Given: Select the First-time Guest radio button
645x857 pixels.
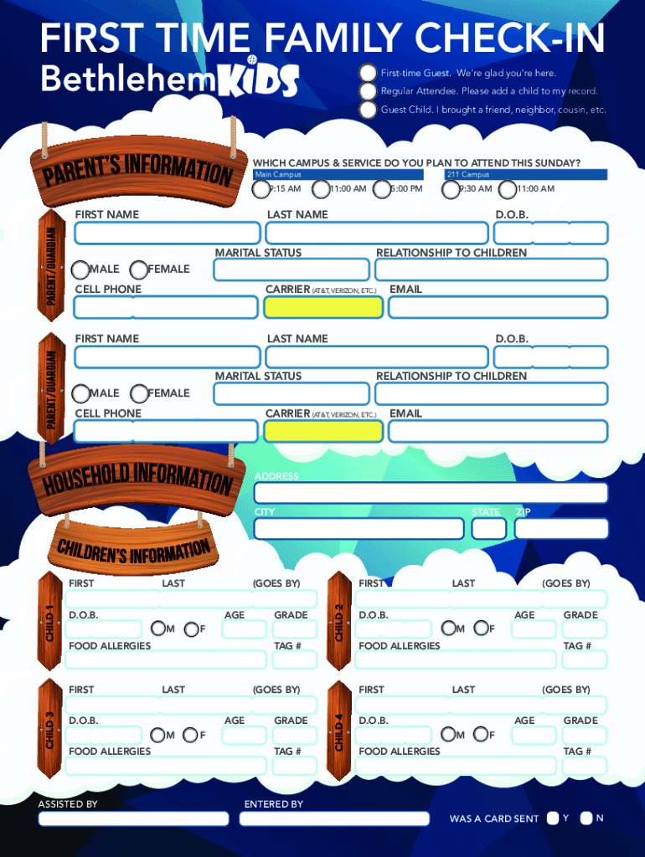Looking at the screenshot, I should click(368, 73).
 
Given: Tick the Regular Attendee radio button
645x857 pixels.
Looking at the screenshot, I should click(368, 91).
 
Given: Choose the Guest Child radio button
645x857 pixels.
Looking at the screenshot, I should click(368, 110).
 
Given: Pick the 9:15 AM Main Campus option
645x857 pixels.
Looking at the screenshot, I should click(261, 189).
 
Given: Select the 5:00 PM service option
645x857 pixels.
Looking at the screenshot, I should click(382, 189).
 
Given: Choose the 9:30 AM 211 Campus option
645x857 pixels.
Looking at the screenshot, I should click(451, 189).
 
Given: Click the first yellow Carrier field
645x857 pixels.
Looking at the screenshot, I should click(323, 307).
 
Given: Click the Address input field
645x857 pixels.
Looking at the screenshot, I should click(431, 493).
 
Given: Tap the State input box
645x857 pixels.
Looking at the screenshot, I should click(488, 528).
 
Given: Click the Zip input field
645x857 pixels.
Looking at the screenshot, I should click(561, 528).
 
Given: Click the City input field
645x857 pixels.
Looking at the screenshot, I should click(359, 528).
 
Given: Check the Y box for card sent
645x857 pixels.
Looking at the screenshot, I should click(553, 818).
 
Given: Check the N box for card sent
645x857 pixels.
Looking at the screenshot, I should click(586, 818).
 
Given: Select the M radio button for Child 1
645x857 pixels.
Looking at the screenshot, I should click(157, 629).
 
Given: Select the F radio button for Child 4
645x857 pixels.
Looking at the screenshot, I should click(480, 734).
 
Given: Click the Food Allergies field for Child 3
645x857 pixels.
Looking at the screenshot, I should click(167, 766).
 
